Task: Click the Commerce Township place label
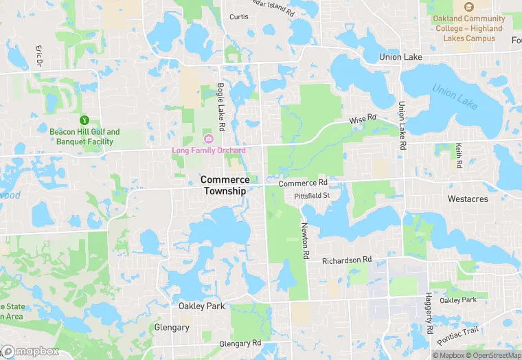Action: pyautogui.click(x=225, y=185)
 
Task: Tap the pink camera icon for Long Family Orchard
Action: pyautogui.click(x=209, y=140)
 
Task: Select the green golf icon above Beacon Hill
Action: pyautogui.click(x=84, y=120)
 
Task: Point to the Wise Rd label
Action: pyautogui.click(x=363, y=120)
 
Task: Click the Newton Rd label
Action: pyautogui.click(x=304, y=240)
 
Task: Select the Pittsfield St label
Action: pyautogui.click(x=312, y=196)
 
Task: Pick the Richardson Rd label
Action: pyautogui.click(x=346, y=260)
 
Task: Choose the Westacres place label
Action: pyautogui.click(x=467, y=199)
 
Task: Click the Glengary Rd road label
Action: pyautogui.click(x=240, y=344)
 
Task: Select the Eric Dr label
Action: pyautogui.click(x=39, y=56)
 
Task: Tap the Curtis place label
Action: pyautogui.click(x=239, y=16)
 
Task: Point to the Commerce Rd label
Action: pyautogui.click(x=303, y=183)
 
